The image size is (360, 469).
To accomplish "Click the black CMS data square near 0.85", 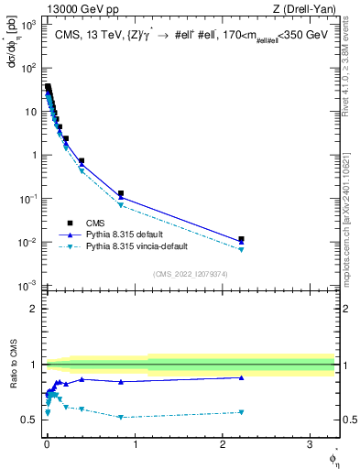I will point(121,193).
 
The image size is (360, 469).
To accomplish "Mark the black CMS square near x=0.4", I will point(82,161).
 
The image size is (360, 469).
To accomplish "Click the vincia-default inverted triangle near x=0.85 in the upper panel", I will point(121,205).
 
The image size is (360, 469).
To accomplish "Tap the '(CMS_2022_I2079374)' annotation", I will point(191,273).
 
